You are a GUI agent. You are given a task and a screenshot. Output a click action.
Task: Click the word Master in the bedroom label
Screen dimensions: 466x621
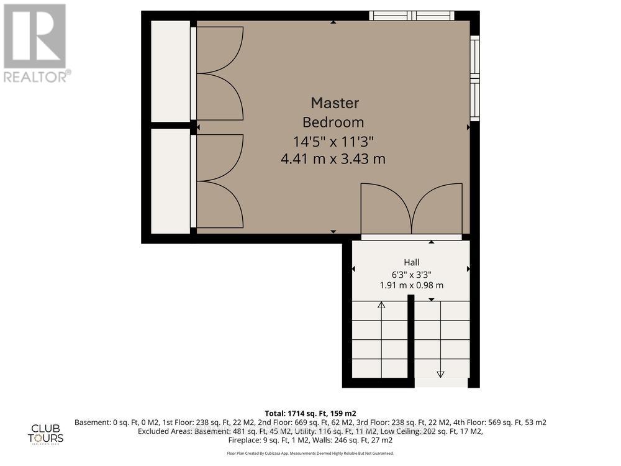[x=335, y=103]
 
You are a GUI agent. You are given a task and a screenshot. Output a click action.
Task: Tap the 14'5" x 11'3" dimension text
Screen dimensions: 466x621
[x=333, y=140]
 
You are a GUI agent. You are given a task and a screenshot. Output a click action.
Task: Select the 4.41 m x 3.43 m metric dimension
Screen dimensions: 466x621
[x=333, y=159]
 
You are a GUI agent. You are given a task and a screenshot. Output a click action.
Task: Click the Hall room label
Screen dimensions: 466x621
[x=411, y=263]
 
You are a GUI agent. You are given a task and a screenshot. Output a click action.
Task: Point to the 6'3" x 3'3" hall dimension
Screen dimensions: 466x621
[x=411, y=274]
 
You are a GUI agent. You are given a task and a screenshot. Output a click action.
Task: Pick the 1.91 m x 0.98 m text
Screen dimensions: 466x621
[x=411, y=285]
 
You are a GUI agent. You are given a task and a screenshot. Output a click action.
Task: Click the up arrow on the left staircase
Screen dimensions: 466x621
[x=381, y=305]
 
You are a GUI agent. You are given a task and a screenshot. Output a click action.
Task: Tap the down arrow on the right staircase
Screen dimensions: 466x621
[x=441, y=373]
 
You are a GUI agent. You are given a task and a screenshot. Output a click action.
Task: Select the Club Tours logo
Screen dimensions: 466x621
[x=47, y=432]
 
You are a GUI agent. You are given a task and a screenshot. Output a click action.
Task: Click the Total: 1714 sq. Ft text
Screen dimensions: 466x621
[x=310, y=413]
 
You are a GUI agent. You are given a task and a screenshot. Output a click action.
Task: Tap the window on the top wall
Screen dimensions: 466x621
[x=412, y=16]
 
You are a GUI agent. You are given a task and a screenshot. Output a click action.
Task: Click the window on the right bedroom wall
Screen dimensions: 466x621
[x=474, y=78]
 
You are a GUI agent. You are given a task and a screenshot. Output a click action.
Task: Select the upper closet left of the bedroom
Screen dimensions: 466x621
[x=170, y=71]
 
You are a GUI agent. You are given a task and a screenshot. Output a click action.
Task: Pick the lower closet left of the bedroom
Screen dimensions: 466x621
[x=170, y=181]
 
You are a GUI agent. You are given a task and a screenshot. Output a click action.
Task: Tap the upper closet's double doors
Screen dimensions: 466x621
[x=219, y=73]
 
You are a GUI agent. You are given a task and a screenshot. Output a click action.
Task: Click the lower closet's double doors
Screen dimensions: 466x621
[x=219, y=181]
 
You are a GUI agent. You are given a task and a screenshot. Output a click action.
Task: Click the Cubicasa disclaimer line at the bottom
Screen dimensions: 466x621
[x=310, y=454]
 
